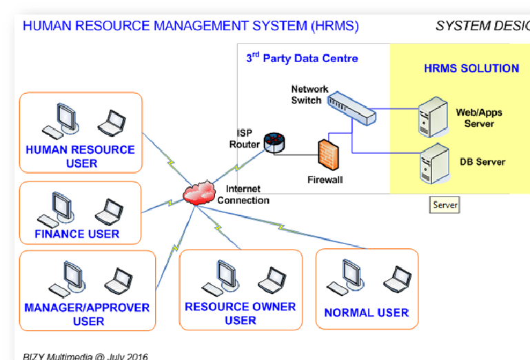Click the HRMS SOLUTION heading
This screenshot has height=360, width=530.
(x=471, y=69)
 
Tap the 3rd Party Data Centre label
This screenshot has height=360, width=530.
(x=302, y=58)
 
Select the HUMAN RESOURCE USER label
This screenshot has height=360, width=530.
(x=81, y=157)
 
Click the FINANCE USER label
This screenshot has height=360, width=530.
(x=77, y=234)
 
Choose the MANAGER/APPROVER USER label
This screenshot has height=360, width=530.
(x=87, y=314)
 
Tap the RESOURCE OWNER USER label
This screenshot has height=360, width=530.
(x=240, y=313)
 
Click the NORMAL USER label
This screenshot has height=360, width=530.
(x=366, y=312)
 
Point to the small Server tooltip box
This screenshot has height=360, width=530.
(x=445, y=205)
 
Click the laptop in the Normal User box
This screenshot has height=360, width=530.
(x=398, y=279)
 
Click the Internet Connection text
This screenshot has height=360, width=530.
(x=243, y=194)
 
